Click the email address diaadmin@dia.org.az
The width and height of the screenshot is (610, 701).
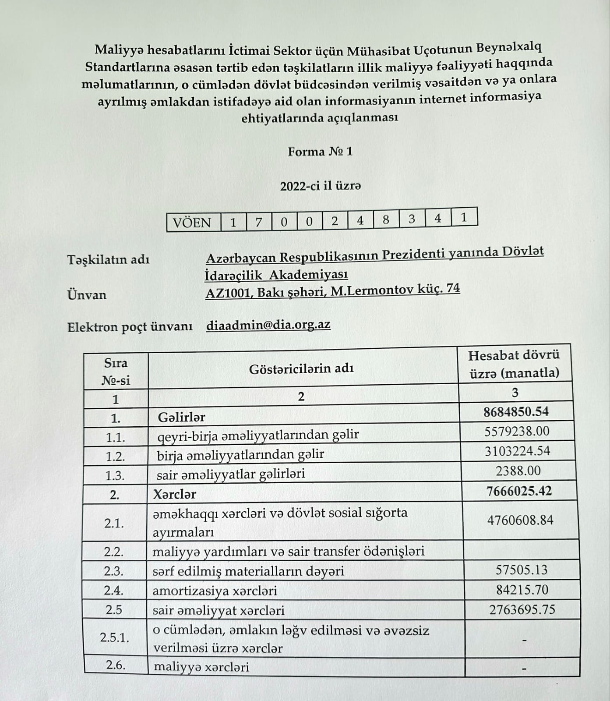[x=268, y=325]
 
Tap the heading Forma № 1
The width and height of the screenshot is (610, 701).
[x=320, y=152]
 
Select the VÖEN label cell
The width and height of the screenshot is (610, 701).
[x=192, y=223]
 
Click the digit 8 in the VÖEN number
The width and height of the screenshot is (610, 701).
[x=386, y=220]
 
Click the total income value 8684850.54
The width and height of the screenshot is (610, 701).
[x=516, y=412]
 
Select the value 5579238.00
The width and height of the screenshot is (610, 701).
[x=517, y=432]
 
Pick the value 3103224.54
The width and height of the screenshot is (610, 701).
[x=517, y=451]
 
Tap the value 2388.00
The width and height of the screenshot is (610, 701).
[x=518, y=471]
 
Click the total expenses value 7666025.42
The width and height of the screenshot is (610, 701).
[x=519, y=491]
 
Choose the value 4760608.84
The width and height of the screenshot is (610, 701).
[x=520, y=520]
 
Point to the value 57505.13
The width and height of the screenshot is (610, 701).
[x=522, y=570]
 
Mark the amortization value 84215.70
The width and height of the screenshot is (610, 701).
[x=522, y=590]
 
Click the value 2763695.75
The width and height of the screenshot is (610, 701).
[x=522, y=610]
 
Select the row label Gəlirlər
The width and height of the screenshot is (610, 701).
[x=181, y=417]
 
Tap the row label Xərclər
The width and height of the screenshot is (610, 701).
[x=174, y=495]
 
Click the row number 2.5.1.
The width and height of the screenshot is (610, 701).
[x=115, y=637]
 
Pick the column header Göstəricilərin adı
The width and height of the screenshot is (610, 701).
[x=301, y=369]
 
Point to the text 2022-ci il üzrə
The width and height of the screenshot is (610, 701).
[x=321, y=186]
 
